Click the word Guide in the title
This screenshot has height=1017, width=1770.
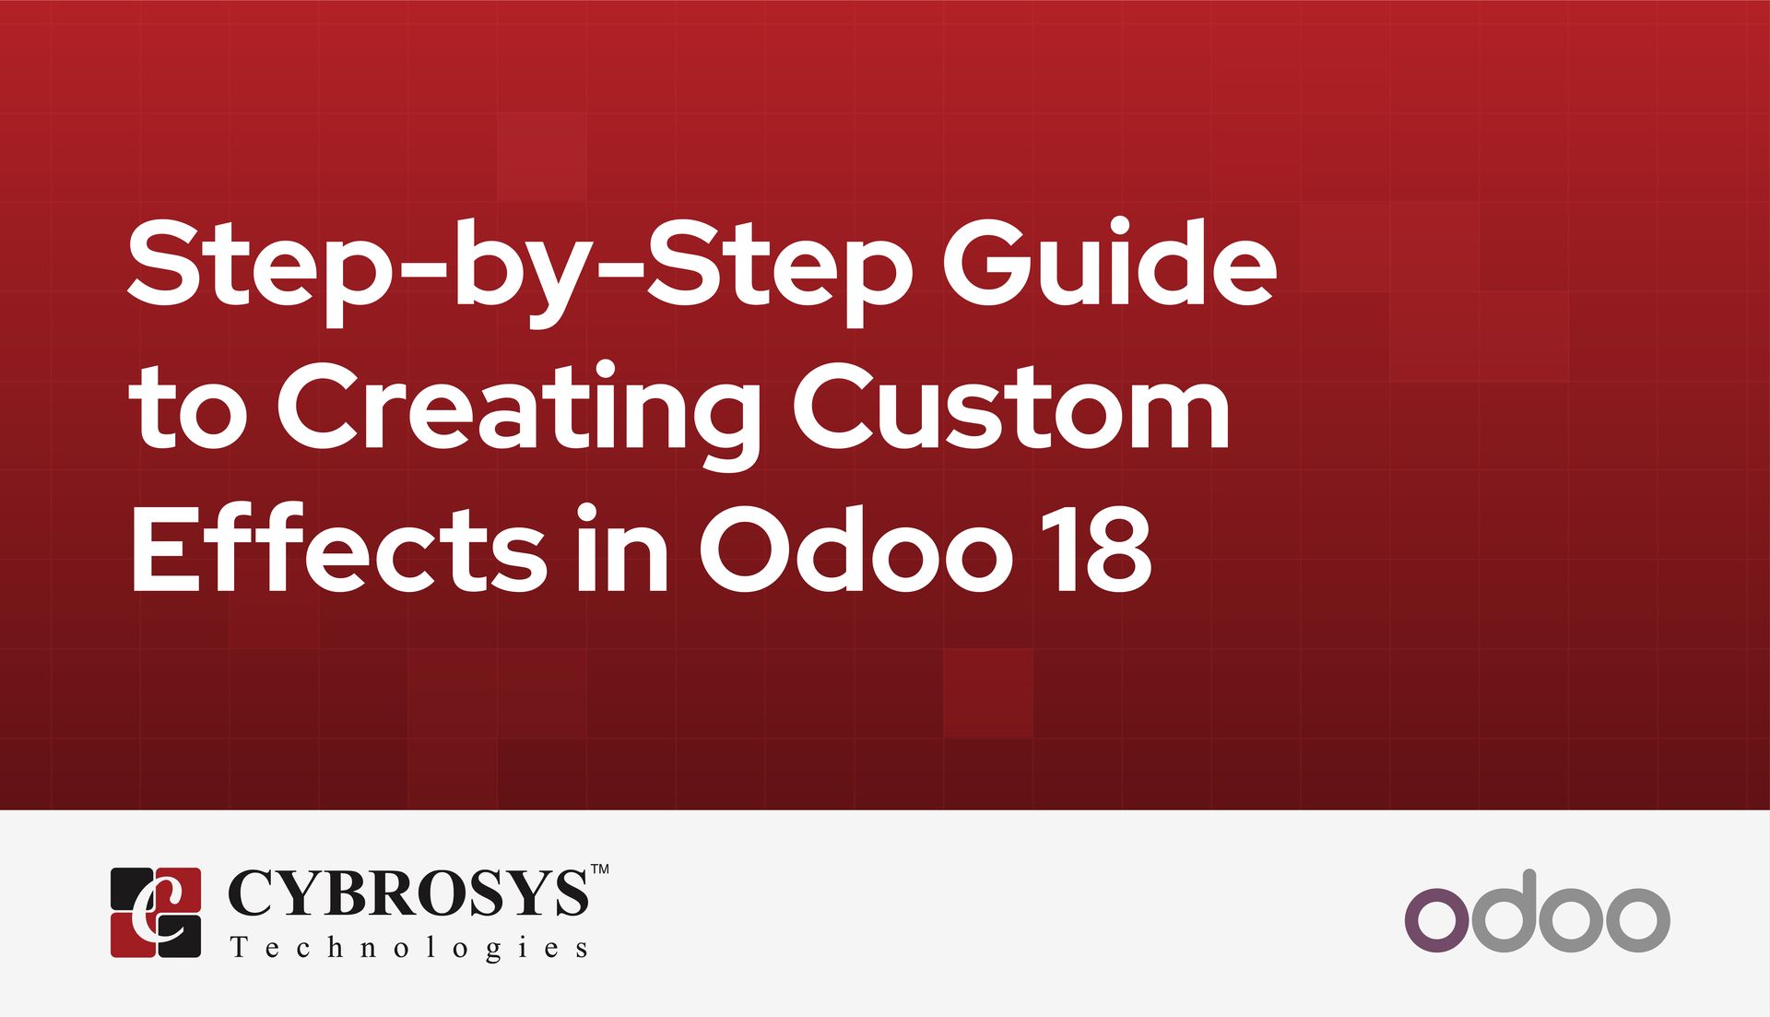tap(1110, 262)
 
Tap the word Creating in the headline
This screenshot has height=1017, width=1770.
tap(518, 416)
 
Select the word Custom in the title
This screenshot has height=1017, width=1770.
tap(1011, 406)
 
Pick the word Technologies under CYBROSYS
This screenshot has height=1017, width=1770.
tap(409, 948)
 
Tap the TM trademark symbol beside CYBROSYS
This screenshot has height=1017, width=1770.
tap(599, 869)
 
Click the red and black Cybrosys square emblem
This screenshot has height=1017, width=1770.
tap(156, 912)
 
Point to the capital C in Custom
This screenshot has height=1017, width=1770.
tap(837, 406)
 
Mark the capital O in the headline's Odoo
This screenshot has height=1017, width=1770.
tap(746, 550)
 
